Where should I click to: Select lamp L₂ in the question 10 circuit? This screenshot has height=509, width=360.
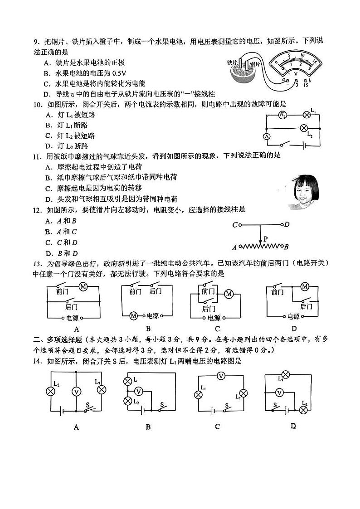pos(304,128)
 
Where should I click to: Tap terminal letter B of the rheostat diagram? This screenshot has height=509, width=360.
pos(287,247)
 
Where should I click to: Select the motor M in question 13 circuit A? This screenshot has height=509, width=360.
pos(83,286)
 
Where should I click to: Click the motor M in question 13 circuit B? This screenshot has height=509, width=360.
pos(134,315)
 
